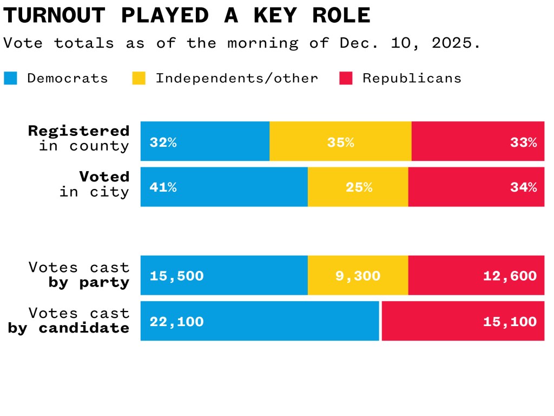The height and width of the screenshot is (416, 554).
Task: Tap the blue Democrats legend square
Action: click(11, 78)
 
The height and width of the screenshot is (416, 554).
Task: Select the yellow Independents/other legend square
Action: click(139, 78)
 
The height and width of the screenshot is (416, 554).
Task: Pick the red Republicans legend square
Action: click(346, 78)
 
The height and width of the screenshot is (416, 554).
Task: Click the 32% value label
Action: click(163, 142)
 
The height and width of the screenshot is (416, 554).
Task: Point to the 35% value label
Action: click(340, 142)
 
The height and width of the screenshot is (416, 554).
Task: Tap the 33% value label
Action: click(523, 142)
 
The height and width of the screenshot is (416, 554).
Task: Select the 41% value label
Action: click(163, 187)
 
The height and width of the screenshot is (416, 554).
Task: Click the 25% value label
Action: click(359, 187)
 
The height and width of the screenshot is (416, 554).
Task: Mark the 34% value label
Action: click(523, 187)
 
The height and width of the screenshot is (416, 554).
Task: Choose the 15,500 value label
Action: click(177, 276)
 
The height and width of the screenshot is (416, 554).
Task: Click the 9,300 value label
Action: click(358, 276)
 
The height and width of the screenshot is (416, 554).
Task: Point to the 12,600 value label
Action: click(510, 276)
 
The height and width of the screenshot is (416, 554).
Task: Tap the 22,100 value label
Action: click(177, 321)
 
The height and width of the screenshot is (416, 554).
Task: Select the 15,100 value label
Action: click(510, 321)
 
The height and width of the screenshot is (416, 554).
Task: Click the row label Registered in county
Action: click(79, 138)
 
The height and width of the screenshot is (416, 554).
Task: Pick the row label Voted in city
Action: click(95, 184)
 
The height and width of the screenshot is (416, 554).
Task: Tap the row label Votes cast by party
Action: click(79, 275)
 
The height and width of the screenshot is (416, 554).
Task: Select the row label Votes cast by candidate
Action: click(69, 320)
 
